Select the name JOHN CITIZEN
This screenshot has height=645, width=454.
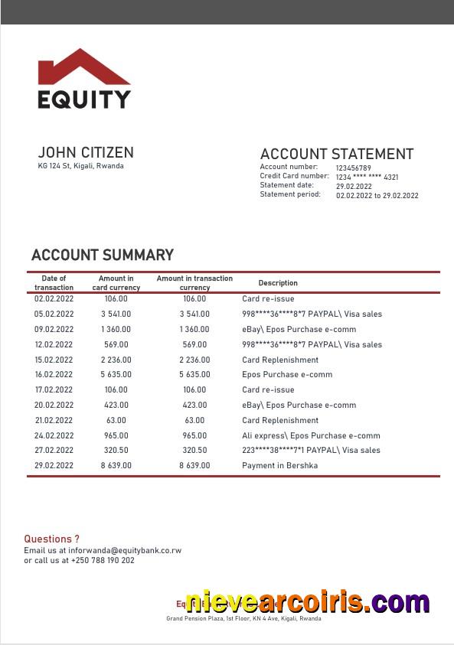(x=86, y=152)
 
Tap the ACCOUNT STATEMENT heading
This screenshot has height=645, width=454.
(x=336, y=154)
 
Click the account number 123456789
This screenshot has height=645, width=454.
(x=353, y=168)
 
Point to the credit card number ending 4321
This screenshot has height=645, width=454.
(x=367, y=177)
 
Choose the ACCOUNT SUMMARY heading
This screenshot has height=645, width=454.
(x=103, y=255)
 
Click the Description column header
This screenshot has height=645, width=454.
(x=278, y=283)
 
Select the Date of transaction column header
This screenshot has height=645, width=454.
(x=54, y=283)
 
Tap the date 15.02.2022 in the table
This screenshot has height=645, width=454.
(x=54, y=360)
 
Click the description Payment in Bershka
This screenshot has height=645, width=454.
(x=279, y=465)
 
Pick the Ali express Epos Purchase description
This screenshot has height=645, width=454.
(x=311, y=435)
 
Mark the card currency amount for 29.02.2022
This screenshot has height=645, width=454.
(x=116, y=465)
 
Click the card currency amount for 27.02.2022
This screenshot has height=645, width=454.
(x=116, y=451)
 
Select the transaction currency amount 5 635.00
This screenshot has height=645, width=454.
(x=194, y=375)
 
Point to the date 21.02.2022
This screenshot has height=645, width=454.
(x=54, y=420)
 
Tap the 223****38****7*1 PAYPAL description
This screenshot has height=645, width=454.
(x=312, y=451)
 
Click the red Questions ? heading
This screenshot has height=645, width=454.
(x=51, y=539)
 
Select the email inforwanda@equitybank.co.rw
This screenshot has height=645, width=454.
(x=126, y=550)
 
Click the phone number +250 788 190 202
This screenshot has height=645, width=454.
(x=103, y=560)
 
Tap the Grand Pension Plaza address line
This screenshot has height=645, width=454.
(x=243, y=618)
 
